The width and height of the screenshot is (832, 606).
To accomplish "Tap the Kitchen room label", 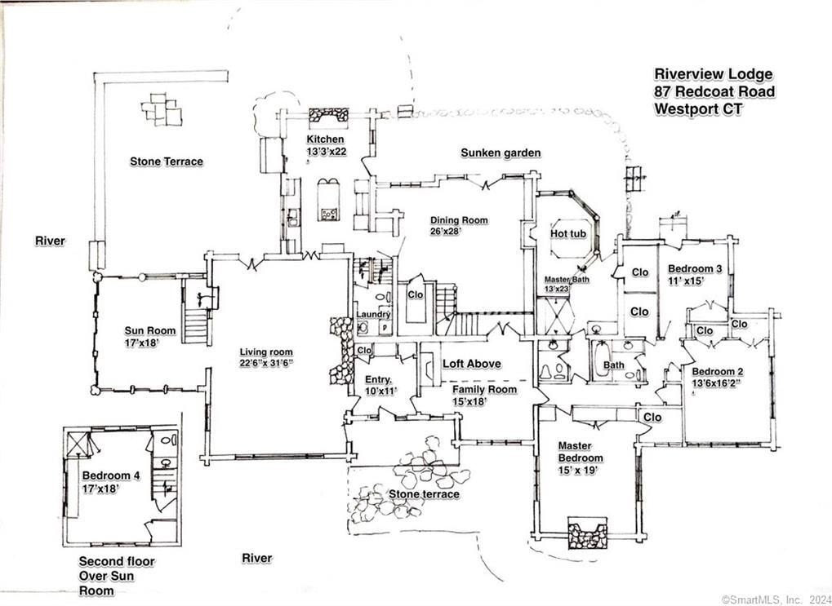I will point(325,139).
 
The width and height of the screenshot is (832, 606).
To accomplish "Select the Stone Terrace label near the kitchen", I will point(167,161).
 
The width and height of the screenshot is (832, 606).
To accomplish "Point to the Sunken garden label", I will point(501,153).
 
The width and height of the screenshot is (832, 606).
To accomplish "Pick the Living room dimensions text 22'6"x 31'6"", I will point(265,363).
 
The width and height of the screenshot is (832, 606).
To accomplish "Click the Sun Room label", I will point(149,330).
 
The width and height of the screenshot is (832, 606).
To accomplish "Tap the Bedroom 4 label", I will point(112,476).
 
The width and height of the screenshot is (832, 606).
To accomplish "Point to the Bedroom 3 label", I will point(695,269).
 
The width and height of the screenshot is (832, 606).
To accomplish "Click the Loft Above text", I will point(472,364).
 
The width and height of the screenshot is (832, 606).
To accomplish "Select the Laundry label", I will point(373,314).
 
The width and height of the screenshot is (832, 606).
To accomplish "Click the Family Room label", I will point(485,389).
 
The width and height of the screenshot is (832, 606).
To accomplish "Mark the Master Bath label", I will point(566,279).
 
